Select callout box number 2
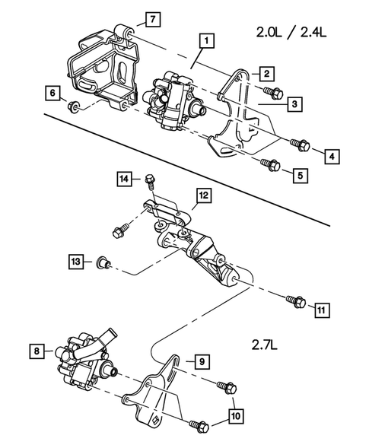[x=266, y=74]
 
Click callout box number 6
[x=52, y=94]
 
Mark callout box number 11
[x=322, y=310]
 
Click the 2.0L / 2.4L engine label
[x=290, y=33]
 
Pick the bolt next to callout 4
[x=298, y=143]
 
